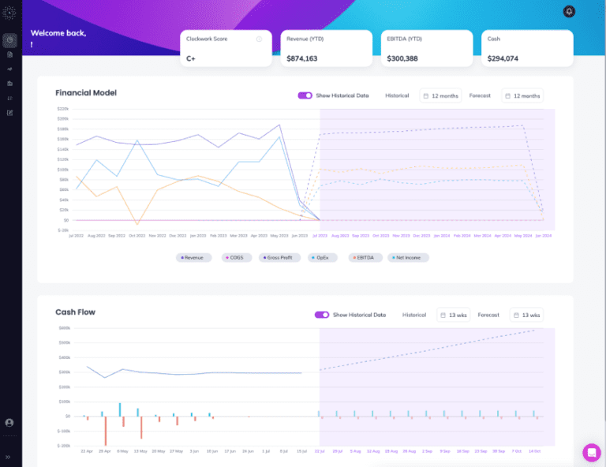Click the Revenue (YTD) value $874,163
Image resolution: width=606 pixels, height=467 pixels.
coord(302,58)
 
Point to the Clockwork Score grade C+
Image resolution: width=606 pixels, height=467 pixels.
coord(191,58)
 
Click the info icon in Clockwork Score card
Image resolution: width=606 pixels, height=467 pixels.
coord(259,39)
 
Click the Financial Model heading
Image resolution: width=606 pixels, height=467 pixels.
coord(86,93)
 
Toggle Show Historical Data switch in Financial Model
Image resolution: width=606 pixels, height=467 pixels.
coord(305,95)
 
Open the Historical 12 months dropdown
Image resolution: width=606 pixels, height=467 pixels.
coord(440,95)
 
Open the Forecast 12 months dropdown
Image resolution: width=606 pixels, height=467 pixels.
coord(522,95)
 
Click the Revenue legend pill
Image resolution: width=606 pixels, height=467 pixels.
coord(193,257)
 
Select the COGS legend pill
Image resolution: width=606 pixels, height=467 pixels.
coord(236,257)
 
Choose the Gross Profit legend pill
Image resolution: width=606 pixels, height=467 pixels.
coord(282,257)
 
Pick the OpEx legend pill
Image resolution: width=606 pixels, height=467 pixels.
coord(324,257)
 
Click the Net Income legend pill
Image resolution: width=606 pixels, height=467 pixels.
coord(408,257)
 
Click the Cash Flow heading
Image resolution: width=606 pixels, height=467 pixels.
coord(76,312)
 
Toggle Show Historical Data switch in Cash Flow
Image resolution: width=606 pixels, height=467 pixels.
coord(321,315)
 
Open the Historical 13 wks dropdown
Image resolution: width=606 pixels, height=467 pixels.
coord(454,315)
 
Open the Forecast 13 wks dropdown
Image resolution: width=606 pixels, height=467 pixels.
coord(526,315)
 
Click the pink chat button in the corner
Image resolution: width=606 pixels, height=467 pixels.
coord(591,452)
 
